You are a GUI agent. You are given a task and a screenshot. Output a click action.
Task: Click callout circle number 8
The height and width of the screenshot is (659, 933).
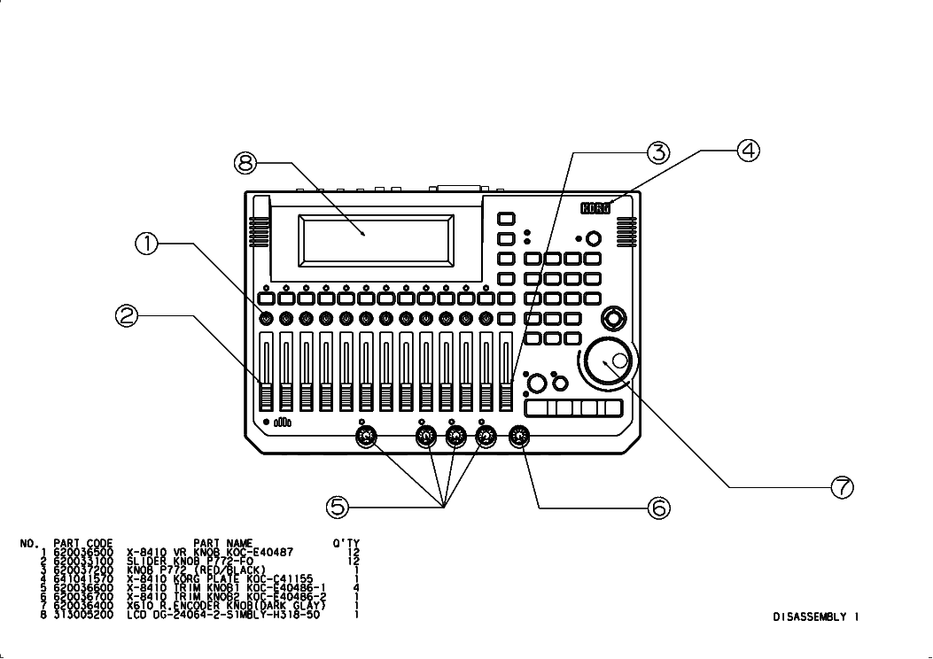[246, 162]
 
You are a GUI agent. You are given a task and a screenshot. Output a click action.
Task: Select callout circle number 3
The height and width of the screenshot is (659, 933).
[657, 151]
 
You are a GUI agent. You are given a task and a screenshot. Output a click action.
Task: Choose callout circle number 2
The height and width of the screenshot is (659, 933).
[128, 314]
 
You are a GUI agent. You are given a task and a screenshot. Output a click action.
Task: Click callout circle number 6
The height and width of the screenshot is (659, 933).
[657, 507]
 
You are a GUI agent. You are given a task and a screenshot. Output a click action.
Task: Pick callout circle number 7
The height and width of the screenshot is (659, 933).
[841, 486]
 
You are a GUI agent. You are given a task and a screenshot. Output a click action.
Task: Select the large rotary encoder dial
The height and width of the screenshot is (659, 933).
[608, 361]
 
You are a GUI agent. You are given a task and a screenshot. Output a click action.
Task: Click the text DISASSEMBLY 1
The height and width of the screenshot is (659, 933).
[814, 616]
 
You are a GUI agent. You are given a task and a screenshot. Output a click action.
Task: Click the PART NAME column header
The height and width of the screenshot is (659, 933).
[222, 543]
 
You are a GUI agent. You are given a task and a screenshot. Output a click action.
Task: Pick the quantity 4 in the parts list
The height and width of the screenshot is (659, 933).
[356, 587]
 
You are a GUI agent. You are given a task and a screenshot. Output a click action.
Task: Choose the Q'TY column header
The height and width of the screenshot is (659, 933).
[346, 543]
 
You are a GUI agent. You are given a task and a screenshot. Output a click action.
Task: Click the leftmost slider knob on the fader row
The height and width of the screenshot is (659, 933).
[266, 395]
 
